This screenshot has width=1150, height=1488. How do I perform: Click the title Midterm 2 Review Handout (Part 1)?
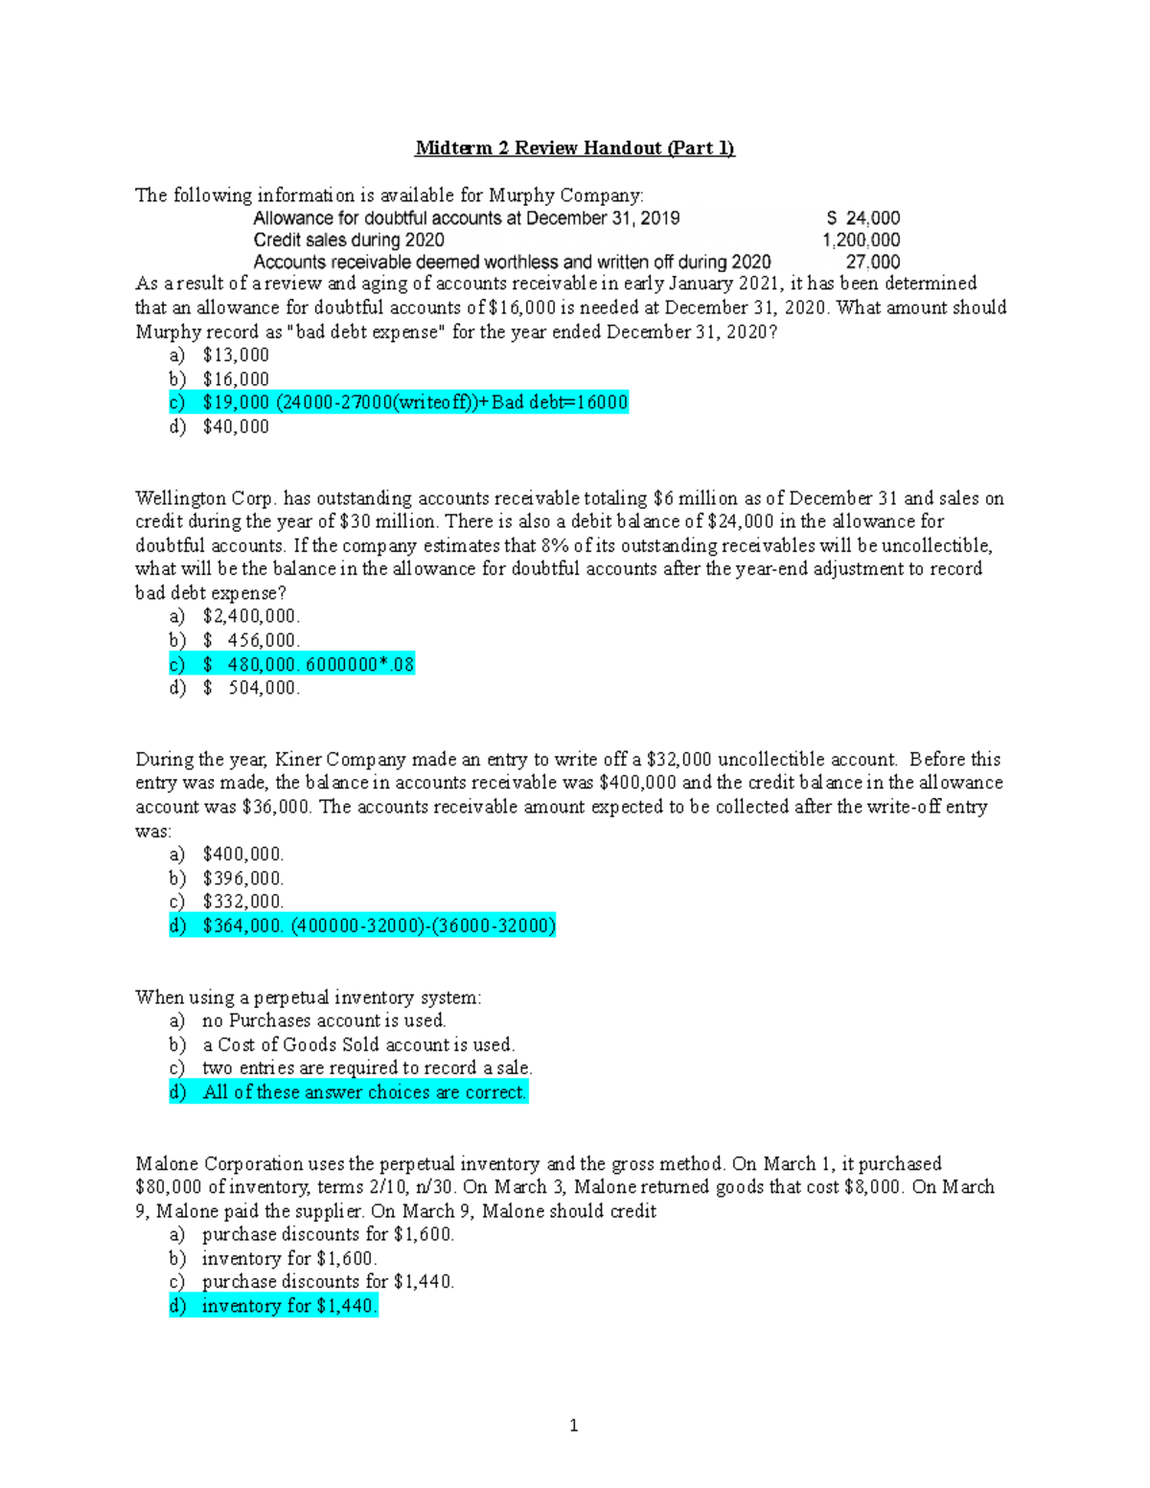pyautogui.click(x=574, y=149)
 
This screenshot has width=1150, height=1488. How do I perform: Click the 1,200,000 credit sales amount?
pyautogui.click(x=861, y=240)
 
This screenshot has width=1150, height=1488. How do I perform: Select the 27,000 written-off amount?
pyautogui.click(x=872, y=263)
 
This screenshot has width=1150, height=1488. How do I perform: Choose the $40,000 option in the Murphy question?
pyautogui.click(x=236, y=426)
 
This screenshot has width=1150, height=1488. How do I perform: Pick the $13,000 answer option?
pyautogui.click(x=236, y=355)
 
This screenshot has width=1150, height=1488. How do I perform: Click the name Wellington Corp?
pyautogui.click(x=205, y=498)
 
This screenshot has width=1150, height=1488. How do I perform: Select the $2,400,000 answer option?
pyautogui.click(x=251, y=616)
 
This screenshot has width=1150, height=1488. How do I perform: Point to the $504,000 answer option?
pyautogui.click(x=251, y=688)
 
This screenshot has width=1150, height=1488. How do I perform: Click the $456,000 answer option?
pyautogui.click(x=251, y=640)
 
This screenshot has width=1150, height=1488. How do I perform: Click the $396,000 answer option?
pyautogui.click(x=242, y=878)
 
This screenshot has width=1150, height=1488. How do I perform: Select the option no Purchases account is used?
pyautogui.click(x=324, y=1020)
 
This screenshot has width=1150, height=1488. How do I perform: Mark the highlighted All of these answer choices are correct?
pyautogui.click(x=364, y=1092)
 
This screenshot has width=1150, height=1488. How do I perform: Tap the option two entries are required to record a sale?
pyautogui.click(x=367, y=1068)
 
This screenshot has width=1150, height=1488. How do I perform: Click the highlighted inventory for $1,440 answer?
pyautogui.click(x=289, y=1306)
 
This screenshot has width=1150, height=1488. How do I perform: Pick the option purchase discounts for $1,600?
pyautogui.click(x=328, y=1234)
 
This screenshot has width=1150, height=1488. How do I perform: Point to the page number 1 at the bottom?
pyautogui.click(x=574, y=1426)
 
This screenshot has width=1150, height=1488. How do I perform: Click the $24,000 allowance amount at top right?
pyautogui.click(x=863, y=218)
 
